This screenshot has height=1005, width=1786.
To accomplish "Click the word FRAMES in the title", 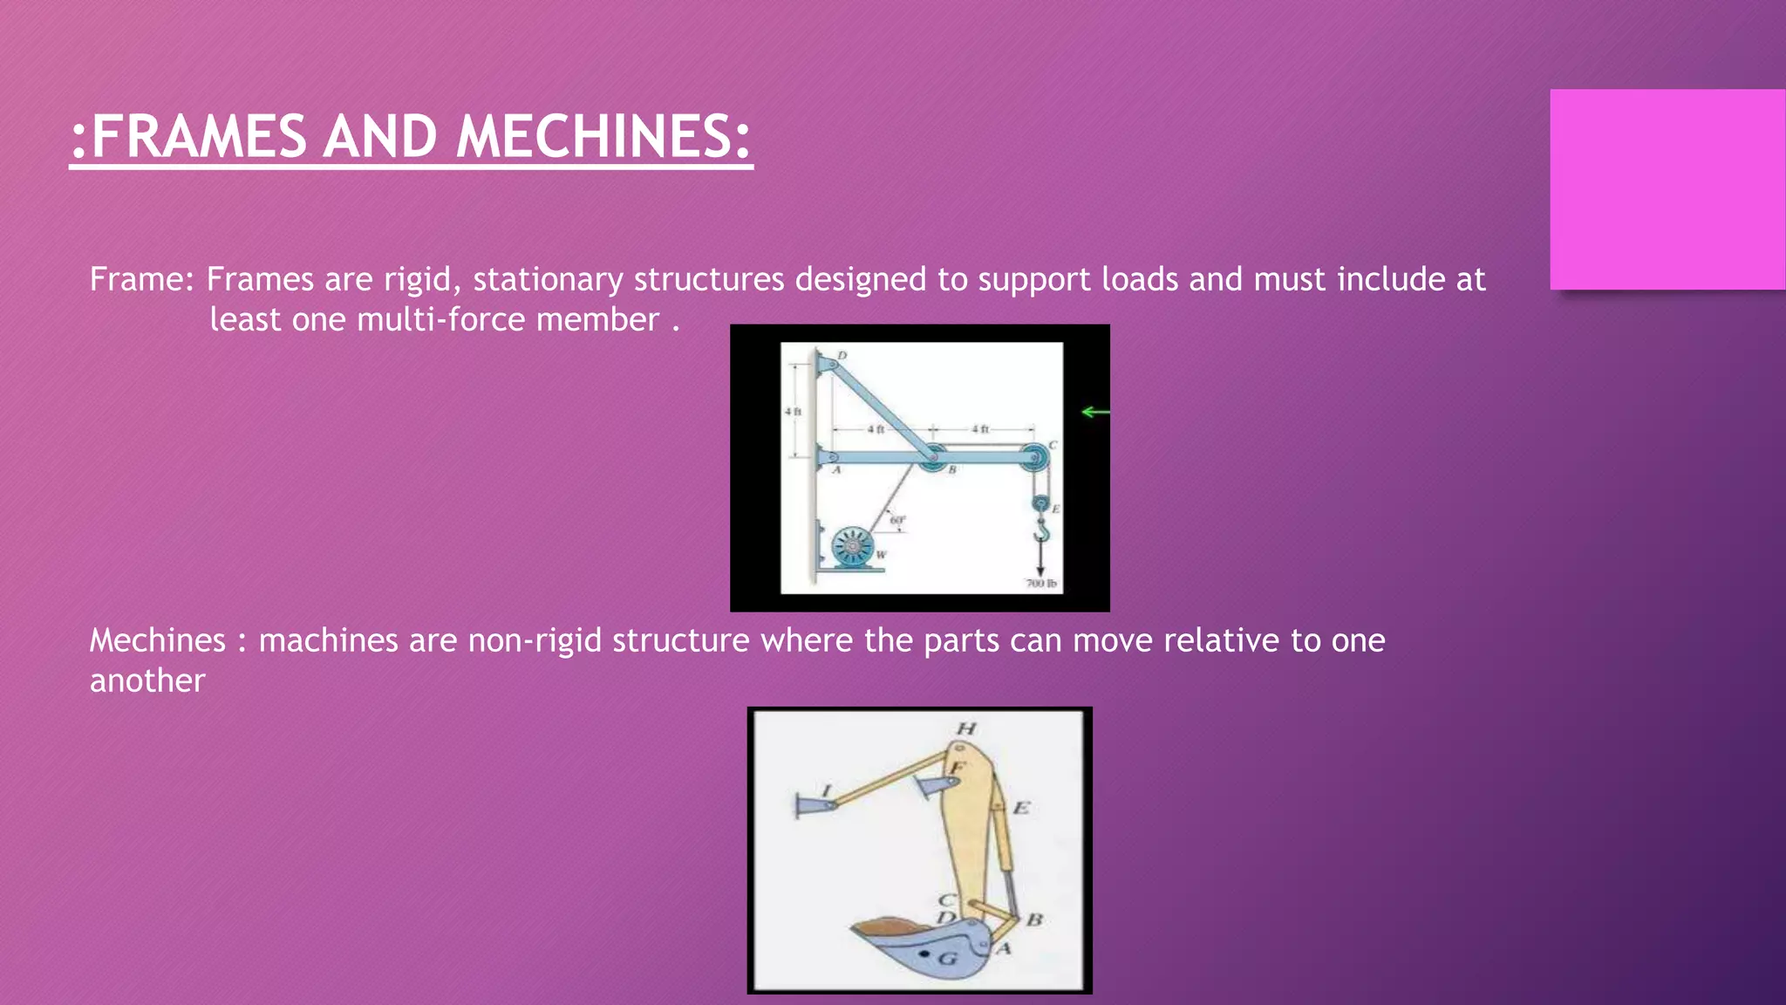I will tap(198, 137).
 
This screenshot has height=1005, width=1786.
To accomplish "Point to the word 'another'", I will tap(147, 680).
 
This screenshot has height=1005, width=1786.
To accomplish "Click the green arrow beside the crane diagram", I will tap(1094, 412).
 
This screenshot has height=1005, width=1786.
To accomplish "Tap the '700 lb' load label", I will tap(1041, 583).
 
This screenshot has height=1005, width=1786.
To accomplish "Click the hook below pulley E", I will tap(1041, 529).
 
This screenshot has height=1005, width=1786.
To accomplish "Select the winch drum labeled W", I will tap(851, 547).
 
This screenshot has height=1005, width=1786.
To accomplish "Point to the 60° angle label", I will tap(896, 521).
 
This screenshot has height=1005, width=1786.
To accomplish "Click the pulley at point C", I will tap(1034, 456).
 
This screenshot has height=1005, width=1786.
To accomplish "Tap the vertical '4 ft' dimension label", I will tap(792, 411).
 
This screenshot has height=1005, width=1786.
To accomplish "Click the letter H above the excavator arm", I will tap(966, 728).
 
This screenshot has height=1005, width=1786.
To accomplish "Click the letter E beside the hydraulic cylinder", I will tap(1020, 808).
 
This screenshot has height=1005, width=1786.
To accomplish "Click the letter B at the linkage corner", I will tap(1034, 920).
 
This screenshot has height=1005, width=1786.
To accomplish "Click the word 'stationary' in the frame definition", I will tap(548, 279).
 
